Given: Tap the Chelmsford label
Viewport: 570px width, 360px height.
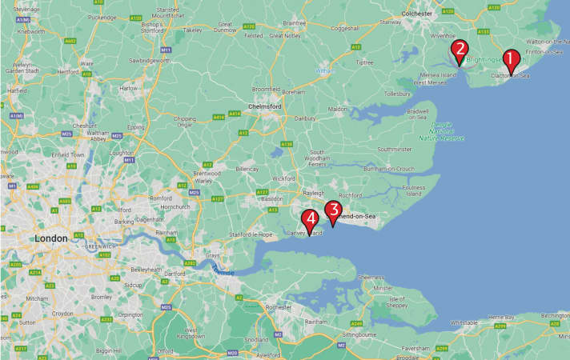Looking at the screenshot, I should click(x=267, y=105).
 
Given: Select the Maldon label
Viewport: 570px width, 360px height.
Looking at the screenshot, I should click(x=337, y=110).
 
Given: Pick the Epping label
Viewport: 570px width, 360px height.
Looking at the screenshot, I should click(x=136, y=126).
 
